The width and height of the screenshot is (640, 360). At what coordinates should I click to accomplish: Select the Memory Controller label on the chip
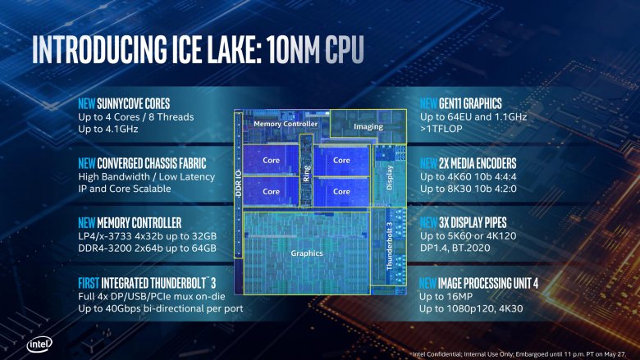[285, 124]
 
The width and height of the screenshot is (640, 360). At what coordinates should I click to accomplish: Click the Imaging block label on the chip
[368, 127]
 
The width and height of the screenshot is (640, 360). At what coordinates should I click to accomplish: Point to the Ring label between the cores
[306, 173]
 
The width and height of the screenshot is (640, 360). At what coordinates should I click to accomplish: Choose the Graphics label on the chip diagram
[307, 253]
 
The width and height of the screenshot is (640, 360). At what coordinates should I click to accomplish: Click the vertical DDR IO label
[238, 175]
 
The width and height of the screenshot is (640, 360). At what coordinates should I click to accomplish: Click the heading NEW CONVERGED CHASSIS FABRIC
[141, 163]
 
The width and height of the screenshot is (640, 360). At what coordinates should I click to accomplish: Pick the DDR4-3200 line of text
[147, 248]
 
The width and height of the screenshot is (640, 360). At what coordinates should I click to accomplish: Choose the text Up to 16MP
[448, 295]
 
